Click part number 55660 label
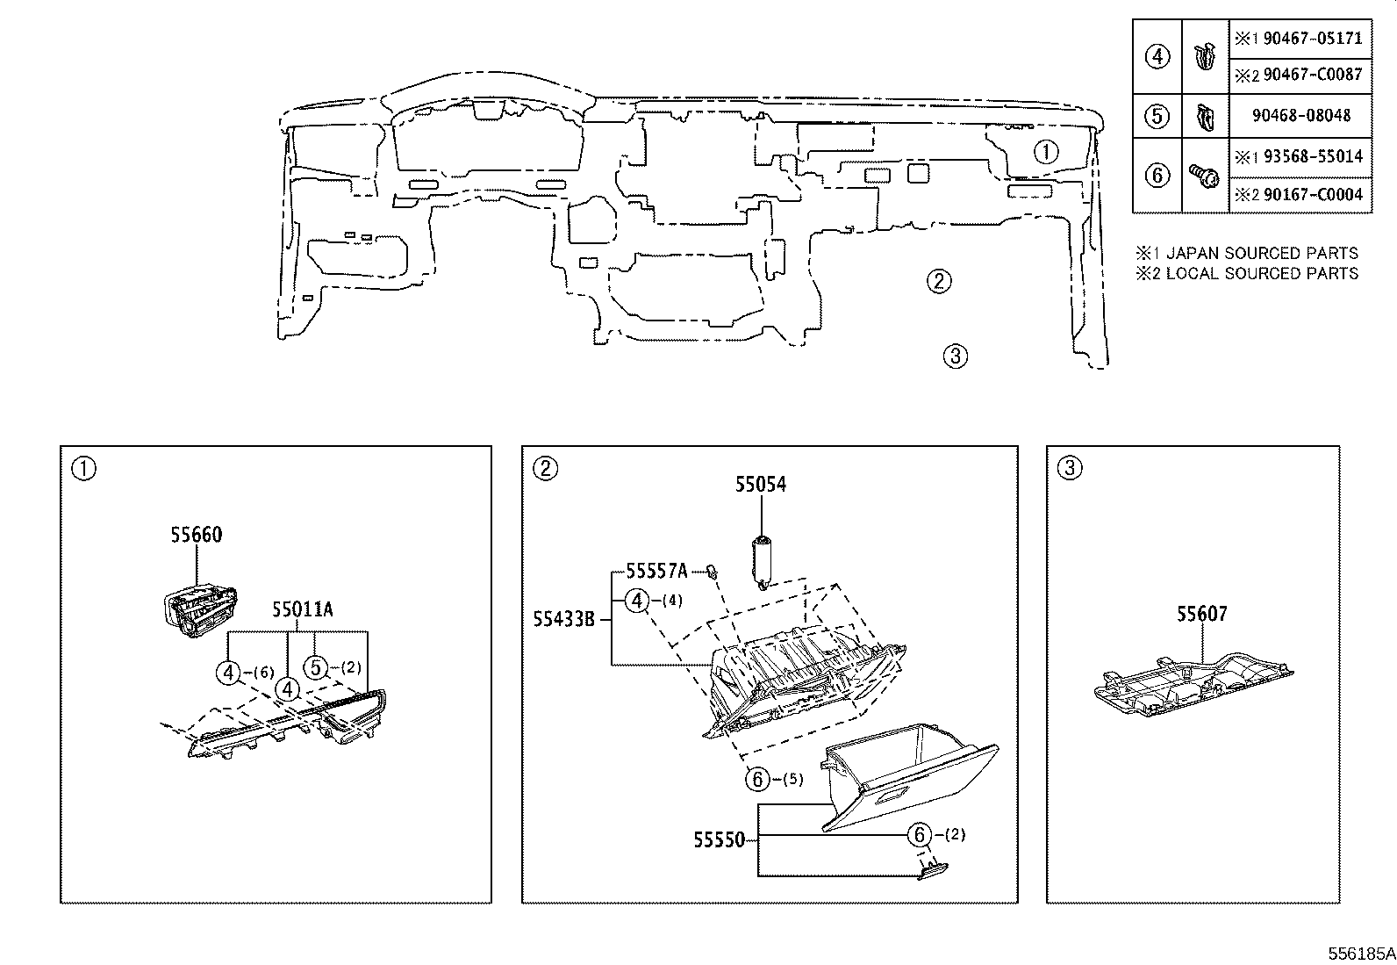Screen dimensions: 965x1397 pyautogui.click(x=196, y=535)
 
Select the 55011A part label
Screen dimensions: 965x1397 pyautogui.click(x=302, y=609)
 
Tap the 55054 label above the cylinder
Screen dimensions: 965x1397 pyautogui.click(x=760, y=485)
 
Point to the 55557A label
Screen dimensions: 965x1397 pyautogui.click(x=656, y=572)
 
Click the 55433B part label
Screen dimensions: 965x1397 pyautogui.click(x=564, y=620)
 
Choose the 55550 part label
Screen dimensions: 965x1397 pyautogui.click(x=719, y=840)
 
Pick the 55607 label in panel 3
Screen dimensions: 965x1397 pyautogui.click(x=1201, y=615)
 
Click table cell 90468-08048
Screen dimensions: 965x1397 pyautogui.click(x=1300, y=116)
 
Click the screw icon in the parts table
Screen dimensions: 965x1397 pyautogui.click(x=1204, y=176)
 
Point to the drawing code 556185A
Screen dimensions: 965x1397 pyautogui.click(x=1359, y=953)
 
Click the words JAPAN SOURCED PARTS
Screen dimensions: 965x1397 pyautogui.click(x=1262, y=253)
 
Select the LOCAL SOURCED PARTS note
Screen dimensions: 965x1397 pyautogui.click(x=1262, y=273)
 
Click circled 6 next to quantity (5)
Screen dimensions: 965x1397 pyautogui.click(x=758, y=778)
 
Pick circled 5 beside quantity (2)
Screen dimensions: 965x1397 pyautogui.click(x=317, y=668)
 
